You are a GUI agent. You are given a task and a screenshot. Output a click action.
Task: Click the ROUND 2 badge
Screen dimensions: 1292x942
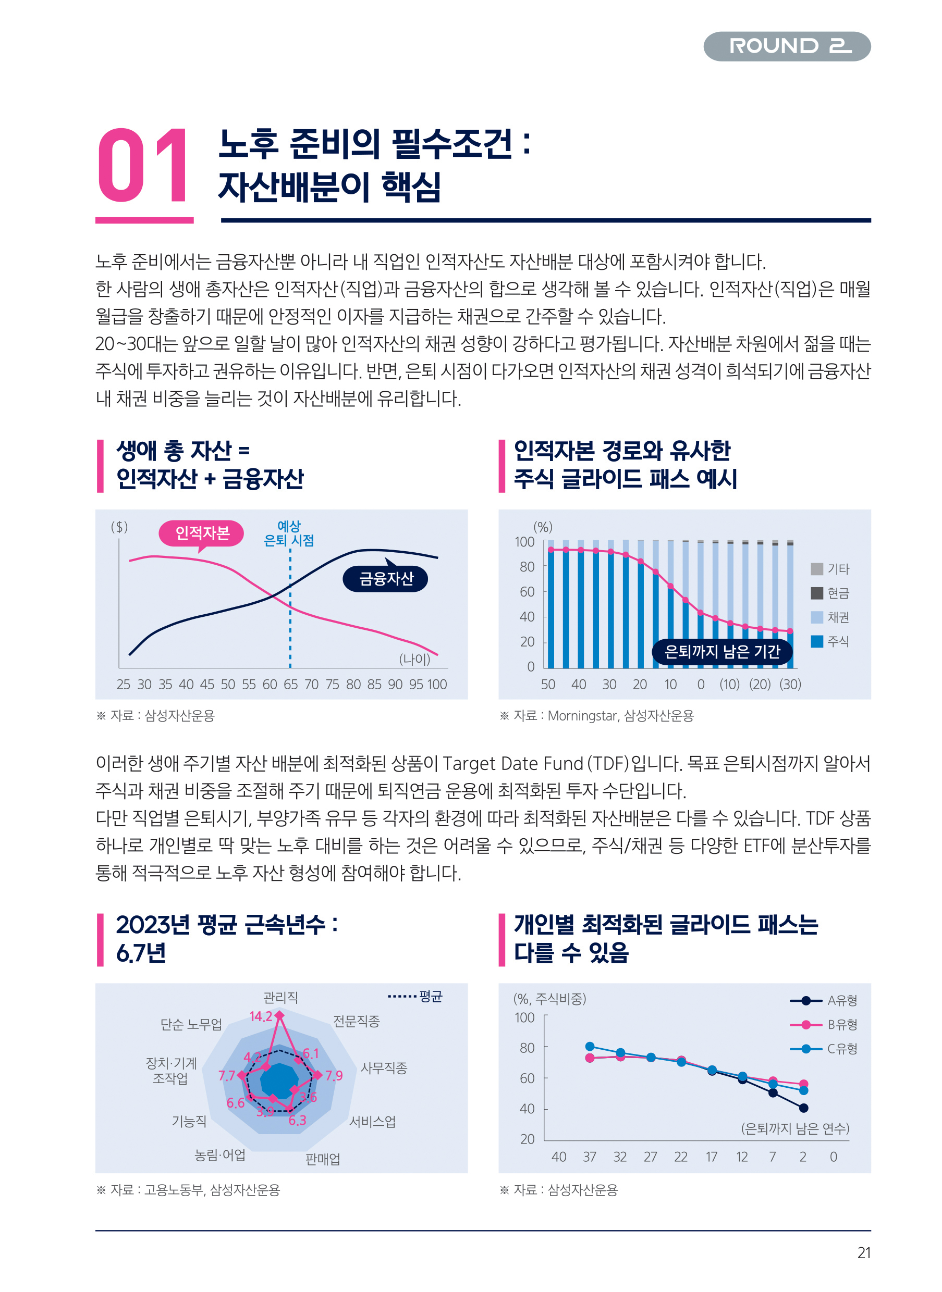(786, 46)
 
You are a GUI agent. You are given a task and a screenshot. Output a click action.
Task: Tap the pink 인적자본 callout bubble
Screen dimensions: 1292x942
(201, 533)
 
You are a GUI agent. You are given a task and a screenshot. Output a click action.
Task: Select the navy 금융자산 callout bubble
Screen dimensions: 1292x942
(385, 578)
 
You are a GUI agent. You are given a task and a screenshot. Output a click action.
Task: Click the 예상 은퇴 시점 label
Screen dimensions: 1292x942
(289, 533)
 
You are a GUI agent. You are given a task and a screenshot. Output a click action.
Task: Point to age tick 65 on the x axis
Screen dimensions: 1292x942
(290, 684)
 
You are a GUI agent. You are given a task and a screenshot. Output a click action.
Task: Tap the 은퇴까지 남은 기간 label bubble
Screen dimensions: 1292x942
(722, 651)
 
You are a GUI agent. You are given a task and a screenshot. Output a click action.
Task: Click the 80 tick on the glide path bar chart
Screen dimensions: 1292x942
(527, 566)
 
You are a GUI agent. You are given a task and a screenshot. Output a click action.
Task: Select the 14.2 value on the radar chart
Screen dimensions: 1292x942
(261, 1016)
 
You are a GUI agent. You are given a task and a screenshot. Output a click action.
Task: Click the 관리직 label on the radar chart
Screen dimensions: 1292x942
(280, 997)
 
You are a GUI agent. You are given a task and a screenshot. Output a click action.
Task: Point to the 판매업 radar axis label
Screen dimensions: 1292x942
(323, 1159)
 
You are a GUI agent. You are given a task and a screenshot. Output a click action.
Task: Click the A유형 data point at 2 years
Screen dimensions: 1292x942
(803, 1108)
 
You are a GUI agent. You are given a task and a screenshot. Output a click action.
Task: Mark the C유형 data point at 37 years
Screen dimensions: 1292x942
(590, 1047)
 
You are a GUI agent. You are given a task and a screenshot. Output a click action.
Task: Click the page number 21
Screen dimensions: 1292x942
(864, 1253)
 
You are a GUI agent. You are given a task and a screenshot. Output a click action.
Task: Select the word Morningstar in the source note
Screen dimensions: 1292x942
(582, 715)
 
